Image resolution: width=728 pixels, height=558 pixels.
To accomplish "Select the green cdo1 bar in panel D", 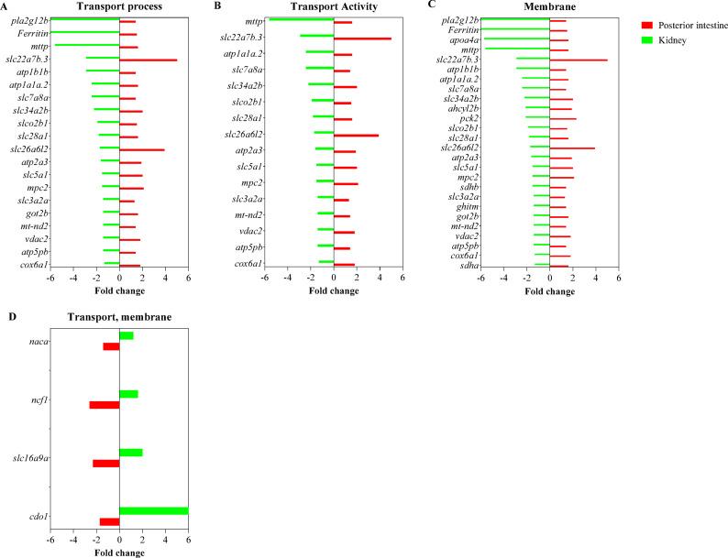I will [x=153, y=511].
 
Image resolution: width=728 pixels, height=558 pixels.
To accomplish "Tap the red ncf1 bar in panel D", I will [x=104, y=405].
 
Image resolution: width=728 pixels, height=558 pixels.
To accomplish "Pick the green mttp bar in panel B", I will [x=301, y=19].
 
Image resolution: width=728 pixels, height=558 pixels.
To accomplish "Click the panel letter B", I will [x=216, y=6].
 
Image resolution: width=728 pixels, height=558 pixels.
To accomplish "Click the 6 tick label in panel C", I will [x=619, y=279].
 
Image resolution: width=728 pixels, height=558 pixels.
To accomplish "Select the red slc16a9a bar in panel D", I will [x=105, y=464].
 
